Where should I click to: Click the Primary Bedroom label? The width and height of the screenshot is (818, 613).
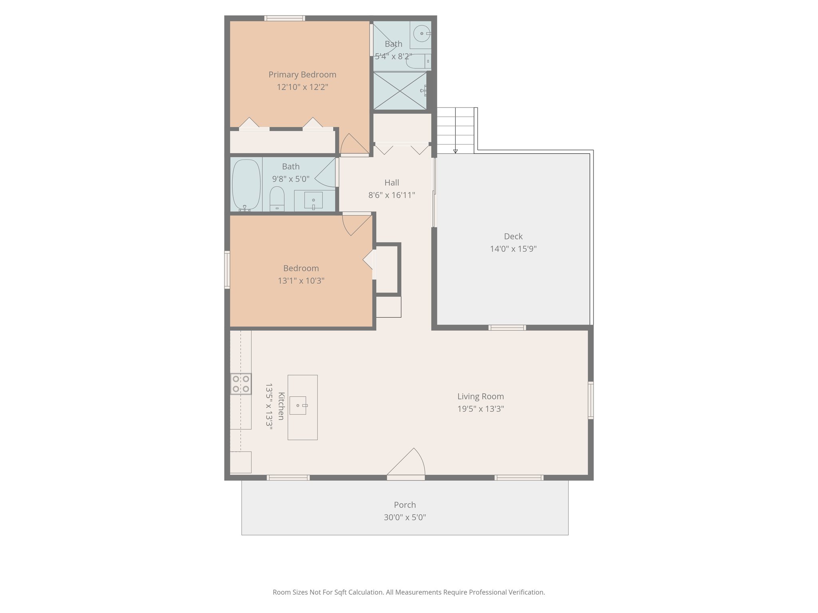tap(302, 75)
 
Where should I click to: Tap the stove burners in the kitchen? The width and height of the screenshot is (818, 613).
tap(241, 384)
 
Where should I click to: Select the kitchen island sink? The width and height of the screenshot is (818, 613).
tap(298, 405)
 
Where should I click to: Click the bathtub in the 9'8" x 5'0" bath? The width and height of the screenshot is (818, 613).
tap(246, 184)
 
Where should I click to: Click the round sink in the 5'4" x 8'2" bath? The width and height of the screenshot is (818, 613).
tap(421, 34)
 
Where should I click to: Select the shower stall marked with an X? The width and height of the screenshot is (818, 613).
tap(399, 91)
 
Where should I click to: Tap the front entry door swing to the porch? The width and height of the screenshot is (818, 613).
tap(407, 464)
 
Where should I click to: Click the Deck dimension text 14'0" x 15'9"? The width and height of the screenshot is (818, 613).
tap(513, 249)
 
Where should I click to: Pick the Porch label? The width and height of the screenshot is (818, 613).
tap(405, 505)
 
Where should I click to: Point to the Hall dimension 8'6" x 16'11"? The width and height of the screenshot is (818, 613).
tap(391, 195)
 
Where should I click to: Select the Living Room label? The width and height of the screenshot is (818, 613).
tap(480, 396)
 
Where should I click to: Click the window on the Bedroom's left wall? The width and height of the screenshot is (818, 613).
tap(227, 269)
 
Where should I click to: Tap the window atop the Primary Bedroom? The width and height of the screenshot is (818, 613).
tap(284, 18)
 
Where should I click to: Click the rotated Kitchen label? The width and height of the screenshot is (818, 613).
tap(281, 406)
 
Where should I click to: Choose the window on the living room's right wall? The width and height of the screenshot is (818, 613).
tap(590, 400)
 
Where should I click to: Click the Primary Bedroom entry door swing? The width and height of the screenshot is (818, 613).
tap(353, 144)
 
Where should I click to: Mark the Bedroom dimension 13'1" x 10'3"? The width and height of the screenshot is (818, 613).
tap(301, 281)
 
